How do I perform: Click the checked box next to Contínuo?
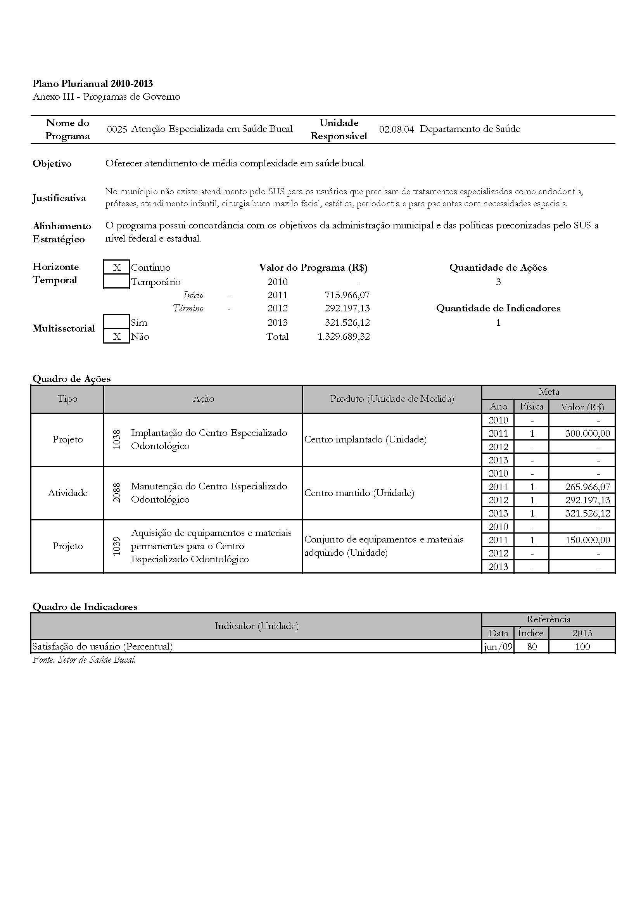point(116,268)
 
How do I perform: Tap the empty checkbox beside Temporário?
point(116,282)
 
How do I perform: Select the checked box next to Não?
point(116,337)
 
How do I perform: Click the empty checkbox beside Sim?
point(116,322)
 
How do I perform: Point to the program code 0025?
point(117,129)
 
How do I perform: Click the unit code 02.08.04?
point(396,129)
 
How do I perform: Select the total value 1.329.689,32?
point(344,337)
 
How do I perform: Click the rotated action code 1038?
point(116,440)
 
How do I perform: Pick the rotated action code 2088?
point(116,493)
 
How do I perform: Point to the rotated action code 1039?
point(116,546)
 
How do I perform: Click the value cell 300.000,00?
point(587,434)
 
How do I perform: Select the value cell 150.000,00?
point(587,540)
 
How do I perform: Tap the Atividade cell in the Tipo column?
point(67,493)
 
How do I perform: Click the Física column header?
point(531,406)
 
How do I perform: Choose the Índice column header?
point(531,633)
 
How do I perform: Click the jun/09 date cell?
point(498,647)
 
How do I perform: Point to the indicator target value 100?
point(582,647)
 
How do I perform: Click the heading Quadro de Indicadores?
point(85,607)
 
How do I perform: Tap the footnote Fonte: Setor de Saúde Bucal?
point(84,659)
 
